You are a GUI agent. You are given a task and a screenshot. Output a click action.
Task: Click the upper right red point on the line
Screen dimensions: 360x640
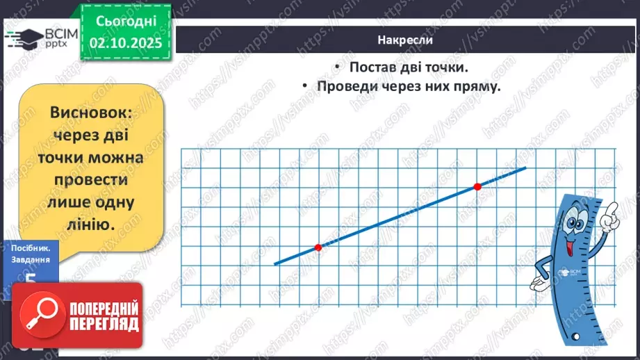point(477,186)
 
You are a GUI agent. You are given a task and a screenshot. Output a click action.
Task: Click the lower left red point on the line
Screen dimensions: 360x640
point(318,247)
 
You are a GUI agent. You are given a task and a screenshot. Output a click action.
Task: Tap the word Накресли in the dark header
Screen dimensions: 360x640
point(406,40)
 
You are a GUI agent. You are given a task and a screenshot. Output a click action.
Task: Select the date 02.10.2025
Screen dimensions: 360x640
point(126,44)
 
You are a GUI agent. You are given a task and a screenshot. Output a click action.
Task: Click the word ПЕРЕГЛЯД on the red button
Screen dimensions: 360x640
point(104,323)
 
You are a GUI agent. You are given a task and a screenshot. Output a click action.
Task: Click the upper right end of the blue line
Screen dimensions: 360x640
point(525,167)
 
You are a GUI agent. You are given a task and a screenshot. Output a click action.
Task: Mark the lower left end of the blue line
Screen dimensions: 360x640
point(274,263)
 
